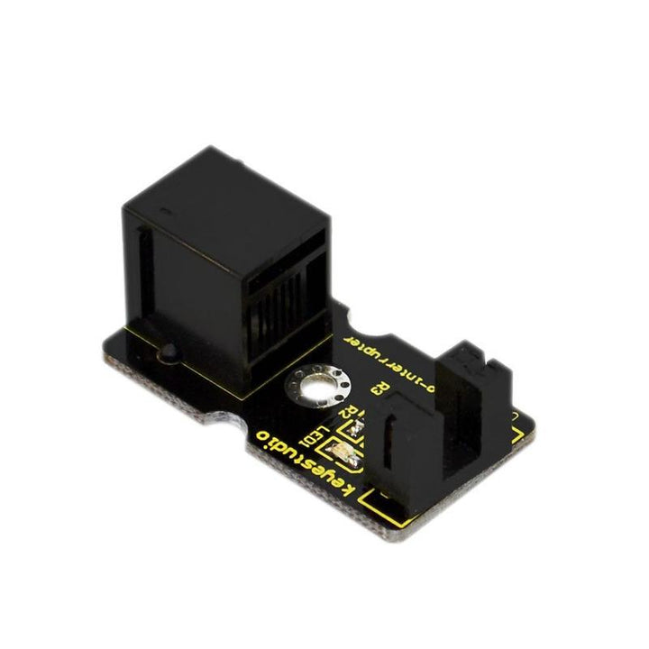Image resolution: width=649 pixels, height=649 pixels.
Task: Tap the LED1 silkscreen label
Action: click(312, 439)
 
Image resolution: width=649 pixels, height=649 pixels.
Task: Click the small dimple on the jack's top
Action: click(162, 212)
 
